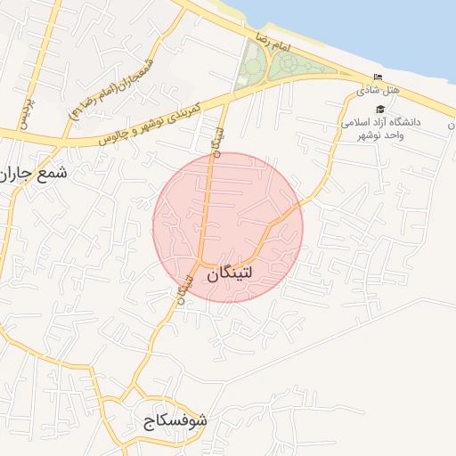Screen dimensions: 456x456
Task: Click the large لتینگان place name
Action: [241, 275]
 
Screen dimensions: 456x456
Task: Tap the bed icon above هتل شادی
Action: [378, 77]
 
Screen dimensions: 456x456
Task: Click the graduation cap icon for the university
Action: [380, 109]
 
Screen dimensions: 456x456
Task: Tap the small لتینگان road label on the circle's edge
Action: [185, 290]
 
